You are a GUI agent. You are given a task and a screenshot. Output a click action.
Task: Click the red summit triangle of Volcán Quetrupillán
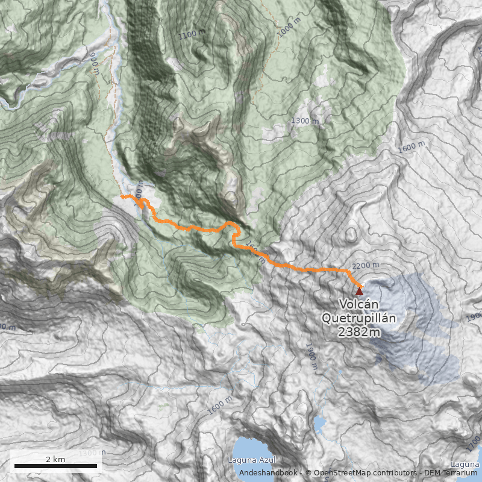pyautogui.click(x=360, y=291)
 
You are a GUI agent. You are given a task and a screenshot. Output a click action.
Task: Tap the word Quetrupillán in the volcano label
pyautogui.click(x=359, y=318)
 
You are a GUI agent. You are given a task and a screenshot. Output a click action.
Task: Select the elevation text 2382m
pyautogui.click(x=359, y=331)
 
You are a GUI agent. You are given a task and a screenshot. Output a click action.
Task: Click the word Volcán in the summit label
pyautogui.click(x=359, y=304)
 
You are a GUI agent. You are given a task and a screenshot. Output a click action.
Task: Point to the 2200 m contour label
pyautogui.click(x=366, y=266)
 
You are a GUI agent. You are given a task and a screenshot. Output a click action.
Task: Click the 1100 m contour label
pyautogui.click(x=192, y=34)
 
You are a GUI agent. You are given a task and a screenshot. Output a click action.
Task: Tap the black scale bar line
pyautogui.click(x=55, y=466)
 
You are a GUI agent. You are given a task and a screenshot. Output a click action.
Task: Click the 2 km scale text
pyautogui.click(x=55, y=459)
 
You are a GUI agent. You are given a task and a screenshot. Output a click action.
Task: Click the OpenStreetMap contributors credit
pyautogui.click(x=361, y=473)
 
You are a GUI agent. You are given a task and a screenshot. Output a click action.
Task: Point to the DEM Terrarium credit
pyautogui.click(x=449, y=473)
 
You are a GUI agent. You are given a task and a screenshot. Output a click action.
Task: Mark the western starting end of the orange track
pyautogui.click(x=122, y=196)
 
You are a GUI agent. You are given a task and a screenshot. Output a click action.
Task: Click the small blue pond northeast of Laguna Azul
pyautogui.click(x=319, y=424)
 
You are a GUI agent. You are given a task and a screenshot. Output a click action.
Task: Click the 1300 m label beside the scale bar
pyautogui.click(x=89, y=452)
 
